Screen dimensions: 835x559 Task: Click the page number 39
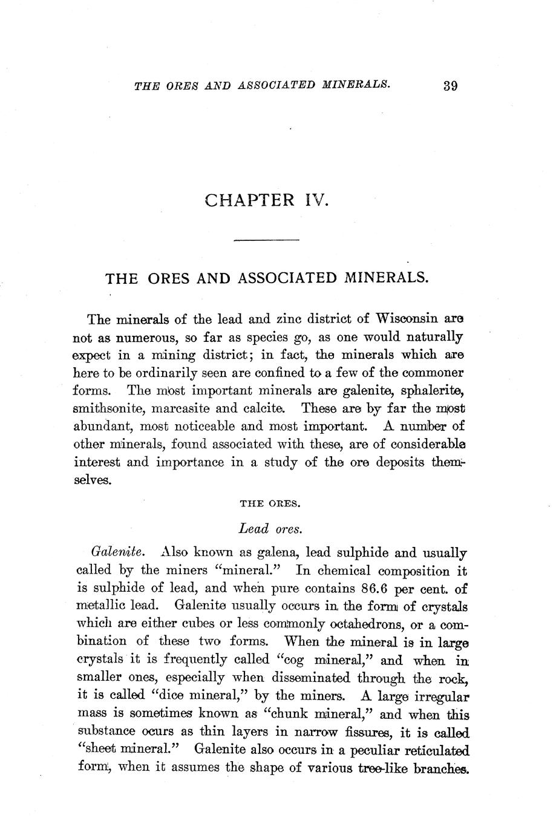tap(450, 85)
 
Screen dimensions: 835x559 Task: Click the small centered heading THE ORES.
tap(266, 502)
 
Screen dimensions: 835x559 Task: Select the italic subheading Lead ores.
tap(270, 528)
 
